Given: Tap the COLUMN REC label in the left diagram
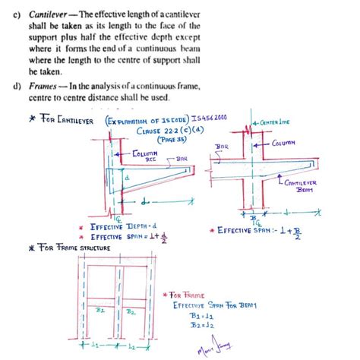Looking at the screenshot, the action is click(145, 156).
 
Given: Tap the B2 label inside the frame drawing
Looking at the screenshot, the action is click(130, 311).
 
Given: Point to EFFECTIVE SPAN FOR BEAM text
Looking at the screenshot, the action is click(214, 304).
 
